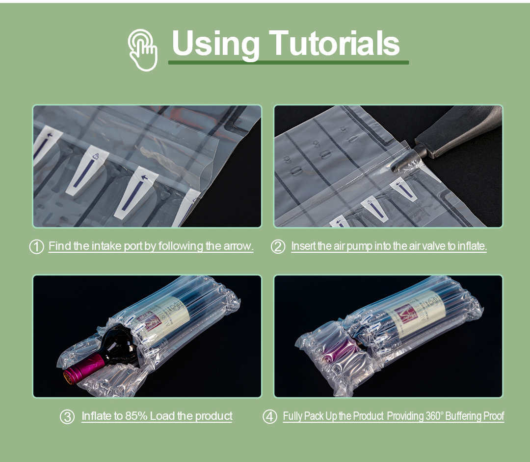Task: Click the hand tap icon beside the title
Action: point(143,50)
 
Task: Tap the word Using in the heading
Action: point(215,45)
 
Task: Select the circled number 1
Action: point(36,247)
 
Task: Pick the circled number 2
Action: point(278,247)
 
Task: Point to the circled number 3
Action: point(67,417)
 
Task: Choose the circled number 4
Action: point(270,416)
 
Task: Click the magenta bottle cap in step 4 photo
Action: point(339,354)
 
